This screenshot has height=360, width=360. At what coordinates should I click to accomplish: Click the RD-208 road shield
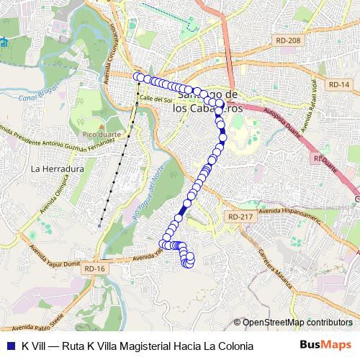click(x=288, y=41)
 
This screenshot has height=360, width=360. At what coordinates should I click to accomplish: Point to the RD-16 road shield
click(x=94, y=269)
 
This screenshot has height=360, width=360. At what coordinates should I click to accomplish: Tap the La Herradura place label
click(x=54, y=169)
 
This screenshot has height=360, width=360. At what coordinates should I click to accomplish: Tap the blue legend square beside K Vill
click(x=10, y=346)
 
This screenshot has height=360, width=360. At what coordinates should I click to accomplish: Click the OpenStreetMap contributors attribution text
click(x=297, y=322)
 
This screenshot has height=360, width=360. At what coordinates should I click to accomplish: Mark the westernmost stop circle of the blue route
click(x=137, y=75)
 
